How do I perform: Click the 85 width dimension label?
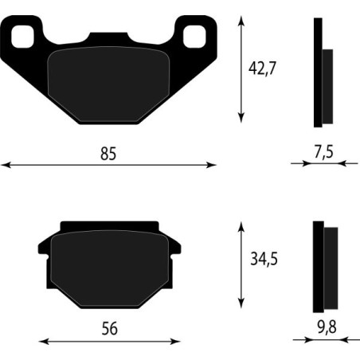pyautogui.click(x=108, y=154)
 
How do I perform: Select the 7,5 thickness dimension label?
pyautogui.click(x=323, y=151)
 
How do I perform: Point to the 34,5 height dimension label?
pyautogui.click(x=263, y=260)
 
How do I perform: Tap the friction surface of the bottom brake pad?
pyautogui.click(x=108, y=267)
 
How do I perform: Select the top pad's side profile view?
pyautogui.click(x=319, y=73)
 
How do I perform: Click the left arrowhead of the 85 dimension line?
pyautogui.click(x=5, y=166)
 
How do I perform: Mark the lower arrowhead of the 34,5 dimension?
pyautogui.click(x=241, y=306)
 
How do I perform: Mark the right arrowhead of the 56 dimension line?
pyautogui.click(x=174, y=342)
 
